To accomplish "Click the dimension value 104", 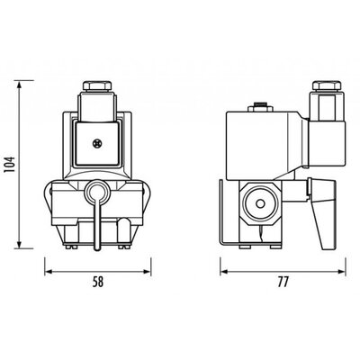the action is coord(10,166).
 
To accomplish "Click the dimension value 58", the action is coord(98,283).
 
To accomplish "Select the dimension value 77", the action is coord(283,282).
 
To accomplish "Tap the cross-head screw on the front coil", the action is coord(97,144).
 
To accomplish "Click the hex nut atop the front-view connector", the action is coord(97,85).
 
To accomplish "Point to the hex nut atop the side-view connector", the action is coord(327,85).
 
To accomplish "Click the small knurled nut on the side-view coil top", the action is coord(260,107).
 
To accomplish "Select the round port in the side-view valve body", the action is coord(259,203).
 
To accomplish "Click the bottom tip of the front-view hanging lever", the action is coord(97,248).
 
